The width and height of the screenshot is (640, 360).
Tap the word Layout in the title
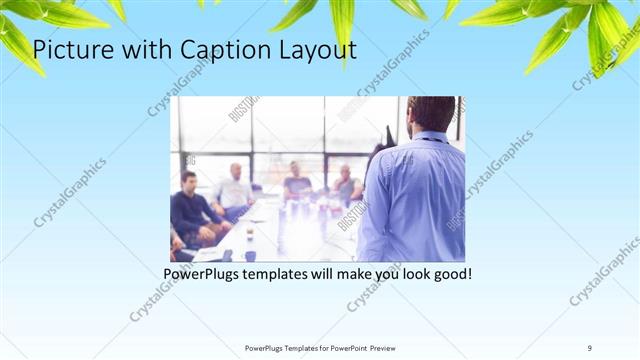pyautogui.click(x=311, y=49)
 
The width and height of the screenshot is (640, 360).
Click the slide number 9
pyautogui.click(x=590, y=348)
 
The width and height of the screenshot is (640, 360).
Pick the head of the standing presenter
pyautogui.click(x=431, y=115)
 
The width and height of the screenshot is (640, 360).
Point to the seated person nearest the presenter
pyautogui.click(x=346, y=185)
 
